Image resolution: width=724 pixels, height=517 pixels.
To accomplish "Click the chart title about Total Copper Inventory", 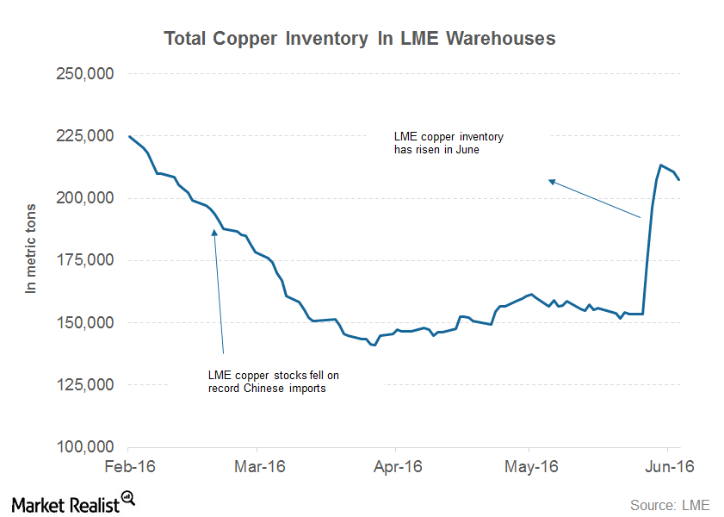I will [360, 39].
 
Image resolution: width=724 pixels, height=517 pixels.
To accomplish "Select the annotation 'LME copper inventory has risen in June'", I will [448, 143].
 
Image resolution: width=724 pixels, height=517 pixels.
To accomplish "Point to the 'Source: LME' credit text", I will [670, 505].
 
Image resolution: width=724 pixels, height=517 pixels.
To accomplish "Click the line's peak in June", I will [661, 165].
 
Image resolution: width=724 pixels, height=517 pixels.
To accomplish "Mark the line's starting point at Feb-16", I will [128, 136].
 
